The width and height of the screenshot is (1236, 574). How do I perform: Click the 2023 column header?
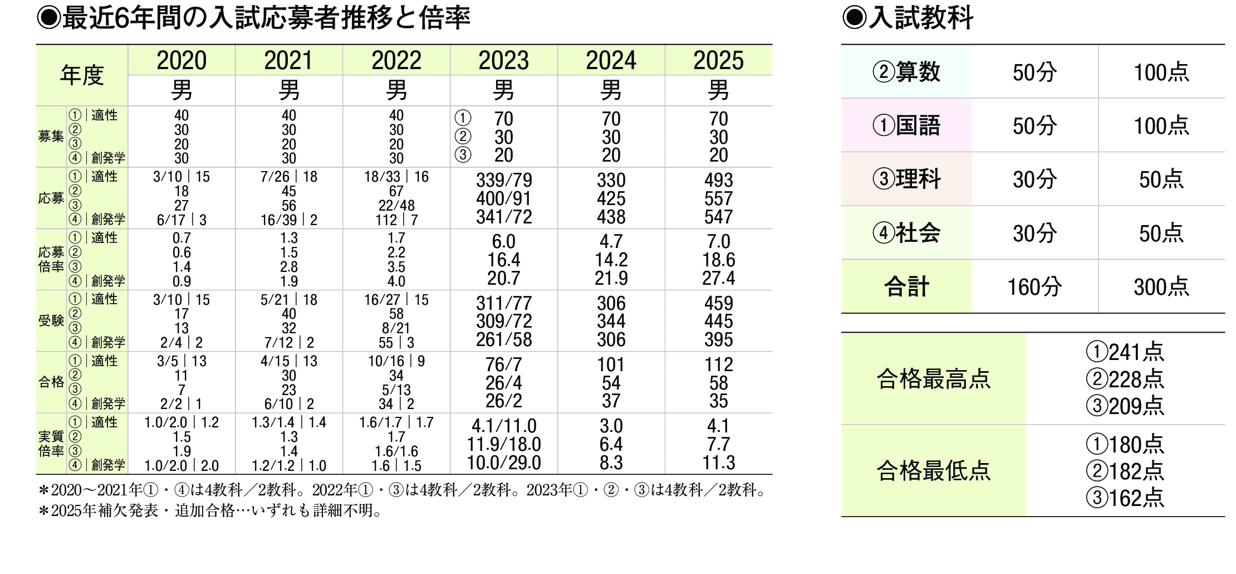tap(503, 60)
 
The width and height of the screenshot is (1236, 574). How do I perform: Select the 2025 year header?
tap(718, 60)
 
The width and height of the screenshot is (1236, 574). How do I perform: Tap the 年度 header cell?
tap(82, 75)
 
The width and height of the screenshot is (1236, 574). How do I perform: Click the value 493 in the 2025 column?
tap(718, 180)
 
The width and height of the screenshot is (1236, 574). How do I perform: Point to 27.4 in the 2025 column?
tap(718, 278)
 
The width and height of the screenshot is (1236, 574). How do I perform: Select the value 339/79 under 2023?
tap(503, 180)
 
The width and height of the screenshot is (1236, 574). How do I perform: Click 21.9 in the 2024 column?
tap(611, 278)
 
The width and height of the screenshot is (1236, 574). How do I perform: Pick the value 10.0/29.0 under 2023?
tap(503, 463)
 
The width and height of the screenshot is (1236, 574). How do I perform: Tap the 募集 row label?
tap(51, 137)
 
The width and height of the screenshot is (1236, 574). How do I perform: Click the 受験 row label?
tap(51, 320)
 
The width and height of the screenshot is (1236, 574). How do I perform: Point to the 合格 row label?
tap(51, 382)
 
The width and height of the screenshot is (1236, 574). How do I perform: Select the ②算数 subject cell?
tap(906, 72)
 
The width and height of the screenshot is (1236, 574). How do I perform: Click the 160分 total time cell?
tap(1034, 287)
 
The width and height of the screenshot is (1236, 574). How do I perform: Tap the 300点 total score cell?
tap(1161, 287)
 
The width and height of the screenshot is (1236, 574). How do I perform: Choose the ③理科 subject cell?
tap(906, 179)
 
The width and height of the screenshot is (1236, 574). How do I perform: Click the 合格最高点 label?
tap(933, 379)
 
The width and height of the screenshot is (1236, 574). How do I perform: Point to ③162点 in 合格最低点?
tap(1125, 498)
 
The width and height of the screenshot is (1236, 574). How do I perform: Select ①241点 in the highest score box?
tap(1125, 352)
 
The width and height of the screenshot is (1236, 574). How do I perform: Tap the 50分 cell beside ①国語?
tap(1034, 126)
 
